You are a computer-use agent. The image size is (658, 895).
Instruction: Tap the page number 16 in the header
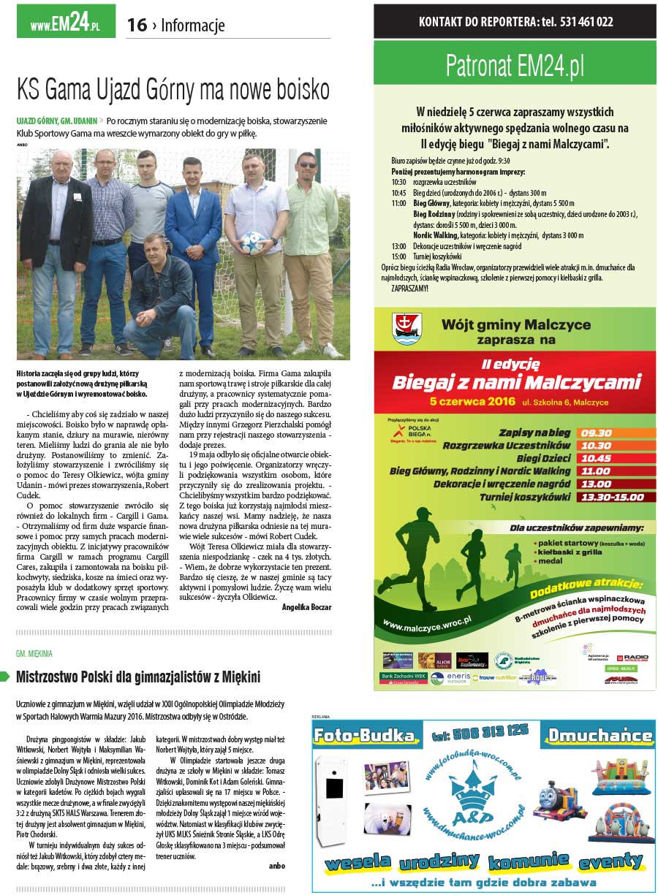(137, 26)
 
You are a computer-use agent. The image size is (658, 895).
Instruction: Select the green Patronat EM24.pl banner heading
(515, 66)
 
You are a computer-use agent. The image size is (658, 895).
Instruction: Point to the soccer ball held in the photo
(253, 239)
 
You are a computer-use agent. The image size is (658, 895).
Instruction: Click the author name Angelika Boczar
(306, 607)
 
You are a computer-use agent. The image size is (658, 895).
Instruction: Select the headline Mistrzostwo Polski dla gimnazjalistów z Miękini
(138, 677)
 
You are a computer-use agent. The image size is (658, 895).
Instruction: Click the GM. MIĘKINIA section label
(34, 653)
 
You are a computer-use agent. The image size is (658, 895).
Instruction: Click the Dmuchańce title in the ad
(600, 735)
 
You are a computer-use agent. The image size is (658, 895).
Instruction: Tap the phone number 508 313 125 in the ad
(480, 731)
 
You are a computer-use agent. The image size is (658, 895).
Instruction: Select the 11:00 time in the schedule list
(398, 203)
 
